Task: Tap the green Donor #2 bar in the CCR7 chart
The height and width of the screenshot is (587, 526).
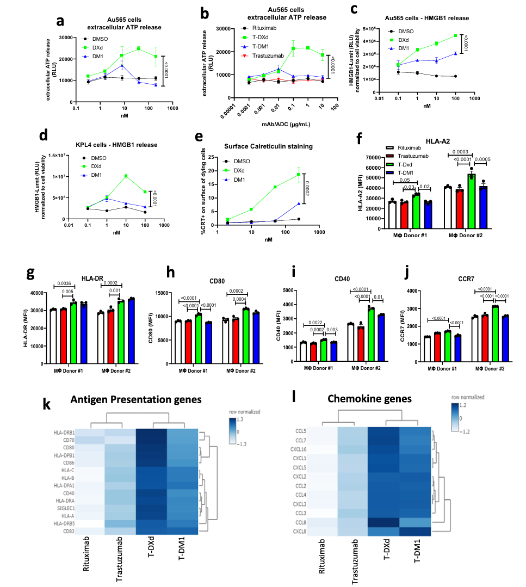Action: click(496, 330)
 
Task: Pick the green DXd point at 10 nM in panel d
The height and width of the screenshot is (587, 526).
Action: click(126, 176)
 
